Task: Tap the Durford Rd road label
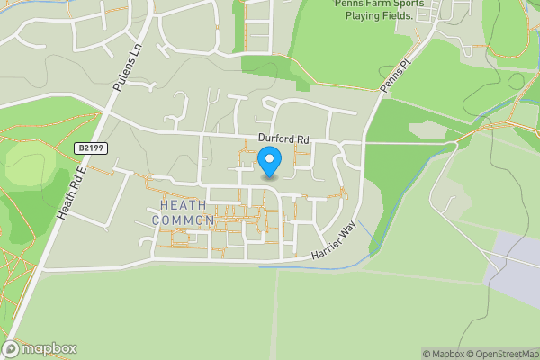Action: pos(283,139)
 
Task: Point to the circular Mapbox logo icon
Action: pos(11,348)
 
